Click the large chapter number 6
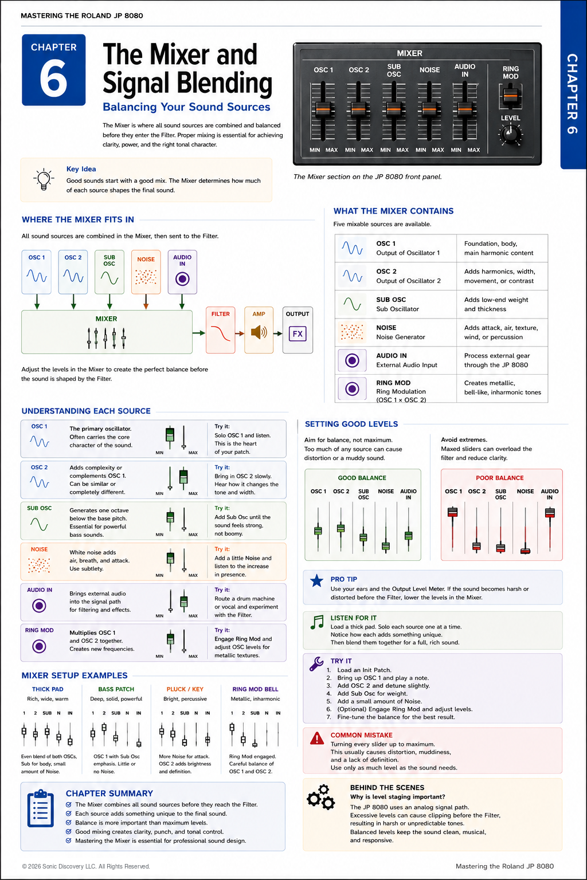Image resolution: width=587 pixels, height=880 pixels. click(53, 78)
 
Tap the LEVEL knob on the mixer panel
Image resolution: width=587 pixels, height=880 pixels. click(510, 135)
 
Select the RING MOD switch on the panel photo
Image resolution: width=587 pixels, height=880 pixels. click(510, 96)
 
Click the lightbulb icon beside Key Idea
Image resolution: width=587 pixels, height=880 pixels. click(44, 179)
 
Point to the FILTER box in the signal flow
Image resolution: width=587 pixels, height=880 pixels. click(221, 330)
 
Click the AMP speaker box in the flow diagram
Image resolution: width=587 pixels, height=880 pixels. click(259, 330)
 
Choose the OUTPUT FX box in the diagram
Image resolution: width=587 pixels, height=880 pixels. click(298, 330)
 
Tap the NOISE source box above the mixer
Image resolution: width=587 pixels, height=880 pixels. click(146, 272)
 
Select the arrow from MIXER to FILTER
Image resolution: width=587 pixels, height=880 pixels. click(199, 333)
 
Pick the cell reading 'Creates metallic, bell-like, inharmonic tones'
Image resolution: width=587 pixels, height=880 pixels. click(502, 388)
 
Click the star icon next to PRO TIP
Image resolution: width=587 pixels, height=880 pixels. click(316, 580)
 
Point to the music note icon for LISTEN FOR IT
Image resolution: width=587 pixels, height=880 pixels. click(317, 622)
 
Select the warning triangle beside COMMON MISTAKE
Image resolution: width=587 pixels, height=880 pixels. click(317, 738)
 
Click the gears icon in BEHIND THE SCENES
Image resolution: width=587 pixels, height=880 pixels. click(321, 797)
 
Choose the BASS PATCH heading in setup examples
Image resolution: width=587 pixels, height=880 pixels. click(116, 689)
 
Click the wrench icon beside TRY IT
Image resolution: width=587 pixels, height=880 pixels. click(316, 663)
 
